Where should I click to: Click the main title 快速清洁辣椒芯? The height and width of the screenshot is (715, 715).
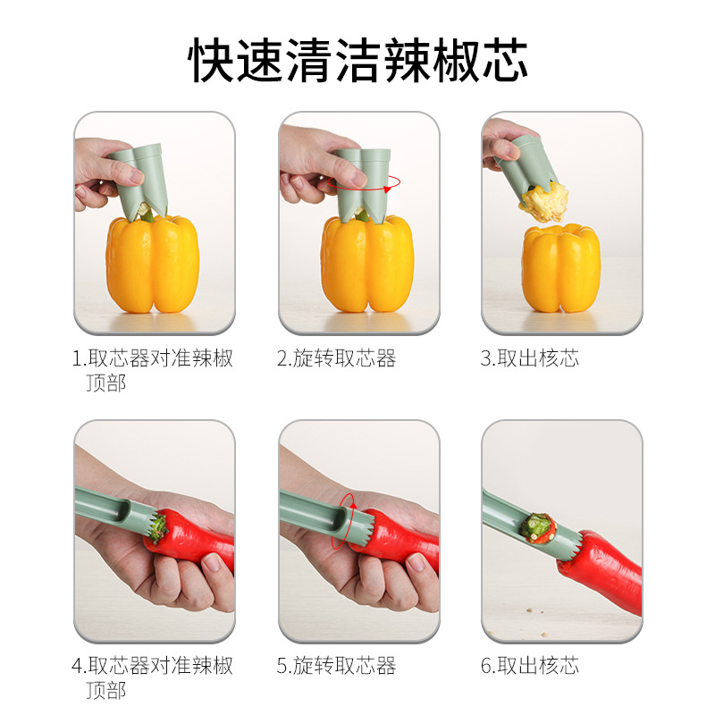point(358,60)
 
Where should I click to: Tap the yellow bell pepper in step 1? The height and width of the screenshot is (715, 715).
point(152,265)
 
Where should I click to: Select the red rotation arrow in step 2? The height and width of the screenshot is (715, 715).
point(364,183)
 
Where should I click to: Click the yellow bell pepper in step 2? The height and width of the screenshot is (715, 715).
point(367,264)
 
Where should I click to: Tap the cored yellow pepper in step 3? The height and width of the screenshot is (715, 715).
point(561,268)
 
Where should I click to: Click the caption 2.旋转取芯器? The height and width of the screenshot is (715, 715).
point(337,358)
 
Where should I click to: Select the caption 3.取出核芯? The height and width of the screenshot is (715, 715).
point(530,358)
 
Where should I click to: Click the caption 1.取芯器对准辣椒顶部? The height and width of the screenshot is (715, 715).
point(152,370)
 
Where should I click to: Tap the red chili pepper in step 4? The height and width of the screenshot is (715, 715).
point(191,542)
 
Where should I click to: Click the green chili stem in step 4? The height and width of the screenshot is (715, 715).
point(158,529)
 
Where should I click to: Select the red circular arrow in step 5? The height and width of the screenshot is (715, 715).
point(344,521)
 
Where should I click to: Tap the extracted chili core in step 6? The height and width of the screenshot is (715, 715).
point(539,528)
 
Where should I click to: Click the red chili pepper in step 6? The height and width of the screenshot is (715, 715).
point(601,571)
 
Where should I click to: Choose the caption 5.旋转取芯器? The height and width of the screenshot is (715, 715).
point(337,666)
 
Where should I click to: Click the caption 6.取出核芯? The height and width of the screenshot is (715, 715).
point(530,666)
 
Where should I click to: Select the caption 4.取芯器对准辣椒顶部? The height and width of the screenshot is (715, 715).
point(152,677)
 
